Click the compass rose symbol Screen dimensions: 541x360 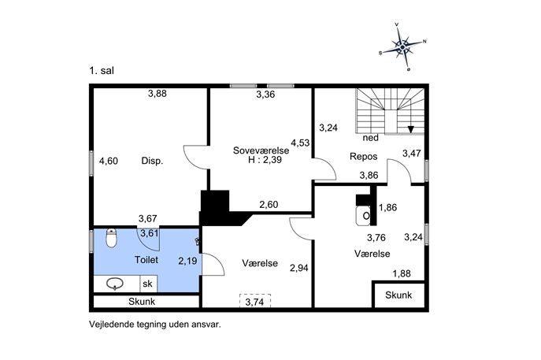(x=403, y=46)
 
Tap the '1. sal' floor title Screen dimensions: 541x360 (x=102, y=71)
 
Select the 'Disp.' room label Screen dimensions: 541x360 (x=152, y=161)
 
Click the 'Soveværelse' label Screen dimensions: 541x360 (x=261, y=150)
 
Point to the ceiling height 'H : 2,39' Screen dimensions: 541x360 (x=265, y=160)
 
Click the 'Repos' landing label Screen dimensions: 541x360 (x=363, y=156)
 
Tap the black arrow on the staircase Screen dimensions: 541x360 (x=410, y=129)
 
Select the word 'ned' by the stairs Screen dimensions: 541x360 (x=371, y=138)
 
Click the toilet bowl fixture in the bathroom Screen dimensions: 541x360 (x=111, y=238)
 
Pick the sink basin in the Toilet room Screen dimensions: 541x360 (x=115, y=284)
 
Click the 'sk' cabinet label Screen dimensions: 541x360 (x=147, y=284)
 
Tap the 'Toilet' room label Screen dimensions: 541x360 (x=146, y=259)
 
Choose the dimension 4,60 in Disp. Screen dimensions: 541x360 (x=109, y=161)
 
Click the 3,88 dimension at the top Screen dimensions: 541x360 (x=157, y=93)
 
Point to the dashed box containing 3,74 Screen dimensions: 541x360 (x=255, y=301)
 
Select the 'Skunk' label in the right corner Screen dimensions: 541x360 (x=398, y=295)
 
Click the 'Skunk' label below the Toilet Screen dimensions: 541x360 (x=142, y=302)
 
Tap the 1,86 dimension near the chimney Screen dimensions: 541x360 (x=387, y=207)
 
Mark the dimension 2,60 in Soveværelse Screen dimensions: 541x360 (x=269, y=205)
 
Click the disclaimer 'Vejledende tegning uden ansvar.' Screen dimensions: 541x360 (x=155, y=325)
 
